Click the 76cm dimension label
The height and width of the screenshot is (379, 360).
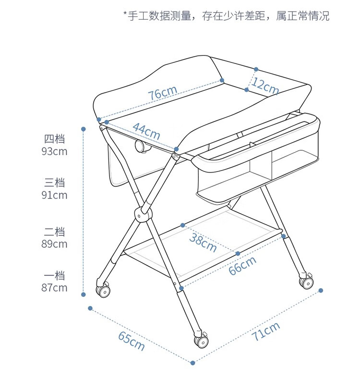click(x=163, y=93)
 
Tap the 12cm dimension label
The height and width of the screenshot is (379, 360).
click(x=265, y=86)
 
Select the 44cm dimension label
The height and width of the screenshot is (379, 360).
click(x=146, y=131)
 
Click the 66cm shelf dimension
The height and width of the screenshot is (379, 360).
click(x=242, y=265)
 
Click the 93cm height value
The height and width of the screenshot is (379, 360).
click(x=54, y=152)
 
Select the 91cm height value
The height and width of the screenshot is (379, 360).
click(x=54, y=196)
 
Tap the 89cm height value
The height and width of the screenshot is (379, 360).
click(x=54, y=244)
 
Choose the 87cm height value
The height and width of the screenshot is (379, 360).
click(x=54, y=288)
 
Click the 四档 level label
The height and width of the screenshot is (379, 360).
click(x=54, y=139)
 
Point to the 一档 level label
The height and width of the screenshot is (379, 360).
click(x=54, y=276)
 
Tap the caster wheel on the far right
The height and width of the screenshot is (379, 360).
click(x=306, y=282)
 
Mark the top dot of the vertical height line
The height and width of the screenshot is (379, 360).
click(x=84, y=129)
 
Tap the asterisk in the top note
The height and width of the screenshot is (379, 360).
click(x=125, y=12)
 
